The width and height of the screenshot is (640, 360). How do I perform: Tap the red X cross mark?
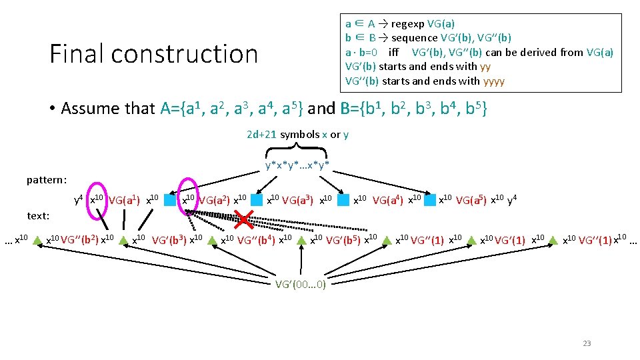point(248,218)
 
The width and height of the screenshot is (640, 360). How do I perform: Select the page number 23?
point(587,343)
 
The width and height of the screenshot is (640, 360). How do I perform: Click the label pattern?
point(47,179)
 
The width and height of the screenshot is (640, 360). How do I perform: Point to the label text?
point(38,215)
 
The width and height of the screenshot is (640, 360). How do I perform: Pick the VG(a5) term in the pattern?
point(472,199)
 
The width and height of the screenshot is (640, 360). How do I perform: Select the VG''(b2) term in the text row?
point(79,239)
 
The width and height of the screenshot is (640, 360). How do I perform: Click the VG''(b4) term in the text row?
point(256,239)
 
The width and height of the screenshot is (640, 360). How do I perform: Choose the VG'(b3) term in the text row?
point(169,239)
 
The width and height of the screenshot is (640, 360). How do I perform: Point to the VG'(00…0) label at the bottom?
point(301,284)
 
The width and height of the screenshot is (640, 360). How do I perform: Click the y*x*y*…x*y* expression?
point(297,165)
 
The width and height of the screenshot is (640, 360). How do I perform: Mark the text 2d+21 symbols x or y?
point(297,135)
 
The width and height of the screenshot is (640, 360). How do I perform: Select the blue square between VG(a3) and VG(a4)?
point(343,199)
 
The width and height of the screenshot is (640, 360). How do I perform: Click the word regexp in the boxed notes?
point(408,23)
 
